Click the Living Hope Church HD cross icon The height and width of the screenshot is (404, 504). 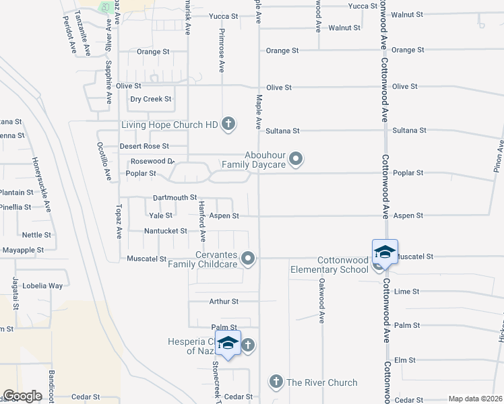click(228, 124)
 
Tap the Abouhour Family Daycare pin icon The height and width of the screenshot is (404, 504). click(296, 160)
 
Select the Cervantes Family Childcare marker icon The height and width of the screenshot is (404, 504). click(249, 258)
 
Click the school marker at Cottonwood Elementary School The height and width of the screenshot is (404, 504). click(384, 252)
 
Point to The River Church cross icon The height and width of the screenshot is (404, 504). click(275, 382)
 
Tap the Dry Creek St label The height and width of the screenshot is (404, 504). click(151, 99)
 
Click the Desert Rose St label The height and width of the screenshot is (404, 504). click(144, 146)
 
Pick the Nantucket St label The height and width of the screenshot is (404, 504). click(166, 231)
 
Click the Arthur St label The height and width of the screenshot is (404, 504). click(224, 302)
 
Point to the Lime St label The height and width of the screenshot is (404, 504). click(406, 292)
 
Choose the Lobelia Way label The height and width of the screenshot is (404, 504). click(42, 285)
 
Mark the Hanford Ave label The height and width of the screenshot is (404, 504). click(201, 221)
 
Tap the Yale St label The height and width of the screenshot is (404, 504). click(161, 215)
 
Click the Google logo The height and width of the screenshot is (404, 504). click(22, 396)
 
